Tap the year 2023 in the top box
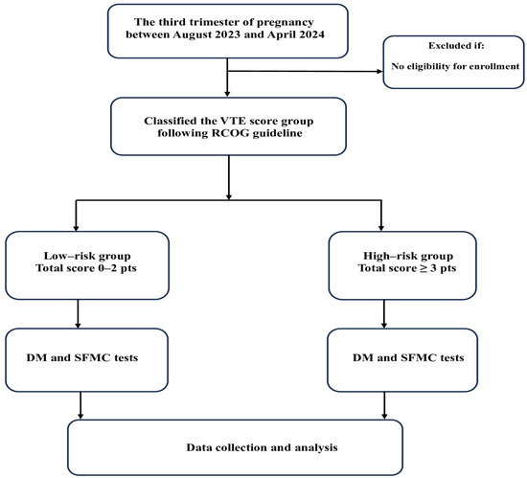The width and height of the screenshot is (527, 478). click(x=227, y=34)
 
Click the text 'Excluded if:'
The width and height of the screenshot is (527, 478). click(x=456, y=46)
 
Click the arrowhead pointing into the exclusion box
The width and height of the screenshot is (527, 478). click(x=379, y=71)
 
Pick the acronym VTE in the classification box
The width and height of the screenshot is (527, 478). click(x=232, y=121)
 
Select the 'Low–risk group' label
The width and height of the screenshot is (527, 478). click(x=87, y=256)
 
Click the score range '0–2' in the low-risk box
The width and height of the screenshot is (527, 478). click(x=107, y=268)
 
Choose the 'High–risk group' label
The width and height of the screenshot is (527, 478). click(x=408, y=256)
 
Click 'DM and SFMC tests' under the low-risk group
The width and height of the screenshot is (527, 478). click(x=82, y=357)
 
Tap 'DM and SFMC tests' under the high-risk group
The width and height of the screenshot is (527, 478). click(x=408, y=357)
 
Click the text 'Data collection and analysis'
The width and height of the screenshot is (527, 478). click(x=262, y=447)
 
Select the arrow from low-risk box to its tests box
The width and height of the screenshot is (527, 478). click(x=78, y=314)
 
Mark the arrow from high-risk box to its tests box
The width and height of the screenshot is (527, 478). click(x=384, y=314)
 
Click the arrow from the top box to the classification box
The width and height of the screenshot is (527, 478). click(x=227, y=78)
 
